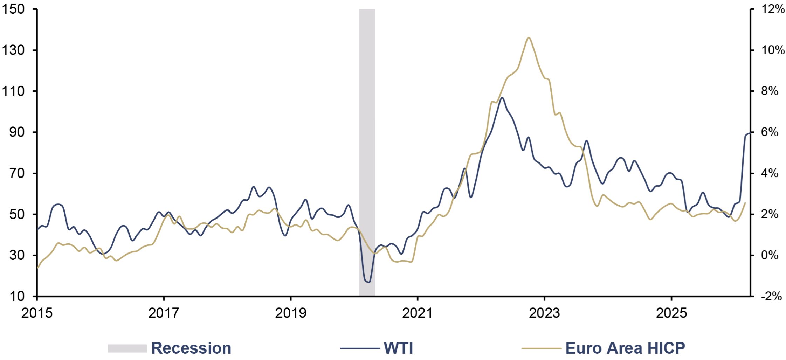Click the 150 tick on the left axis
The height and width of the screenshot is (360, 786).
(35, 9)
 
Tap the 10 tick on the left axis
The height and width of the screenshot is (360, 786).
(35, 296)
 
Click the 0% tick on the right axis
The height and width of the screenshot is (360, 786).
(752, 255)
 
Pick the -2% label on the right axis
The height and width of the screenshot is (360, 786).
(771, 296)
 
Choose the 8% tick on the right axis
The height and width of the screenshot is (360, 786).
(752, 91)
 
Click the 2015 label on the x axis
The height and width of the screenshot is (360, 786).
(37, 313)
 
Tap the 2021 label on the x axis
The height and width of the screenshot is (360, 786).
(417, 313)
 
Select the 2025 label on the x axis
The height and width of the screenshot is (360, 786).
(671, 313)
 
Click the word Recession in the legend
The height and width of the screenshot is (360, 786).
(191, 348)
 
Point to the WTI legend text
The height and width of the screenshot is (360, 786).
(399, 348)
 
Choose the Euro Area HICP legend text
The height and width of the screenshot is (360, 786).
(625, 348)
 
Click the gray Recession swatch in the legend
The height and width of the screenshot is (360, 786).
(127, 348)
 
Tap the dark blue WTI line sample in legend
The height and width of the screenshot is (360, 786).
(360, 348)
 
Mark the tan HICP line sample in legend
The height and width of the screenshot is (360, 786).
(541, 348)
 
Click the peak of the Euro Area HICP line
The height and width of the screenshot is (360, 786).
(529, 37)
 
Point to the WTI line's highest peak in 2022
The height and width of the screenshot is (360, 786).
(502, 98)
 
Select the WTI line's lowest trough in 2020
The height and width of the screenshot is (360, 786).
(368, 282)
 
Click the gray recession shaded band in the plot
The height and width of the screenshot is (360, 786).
(367, 152)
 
